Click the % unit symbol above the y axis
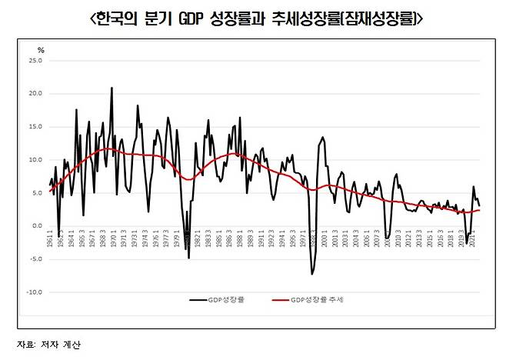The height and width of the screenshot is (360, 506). [x=42, y=49]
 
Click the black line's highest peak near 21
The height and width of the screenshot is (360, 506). [x=112, y=88]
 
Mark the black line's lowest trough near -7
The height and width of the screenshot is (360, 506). [x=312, y=274]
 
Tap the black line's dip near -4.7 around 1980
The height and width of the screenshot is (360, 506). [x=188, y=258]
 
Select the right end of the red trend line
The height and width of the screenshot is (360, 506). [x=481, y=210]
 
